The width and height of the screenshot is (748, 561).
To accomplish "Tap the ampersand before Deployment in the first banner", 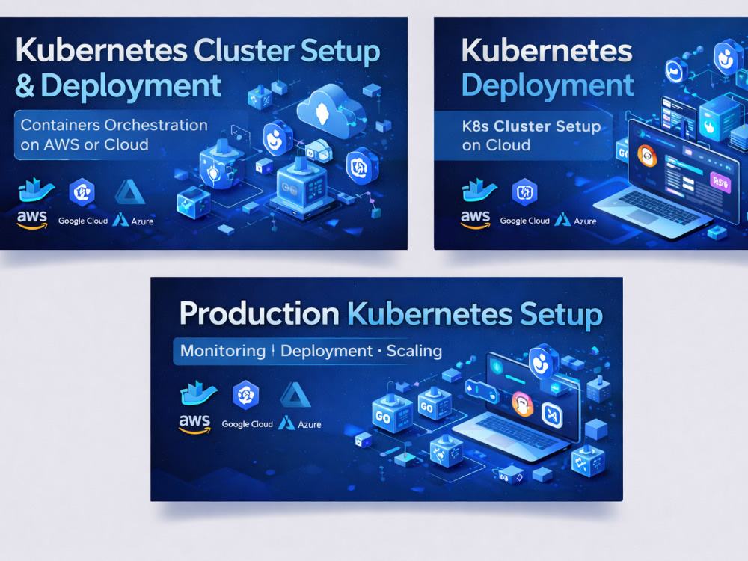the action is coord(25,86).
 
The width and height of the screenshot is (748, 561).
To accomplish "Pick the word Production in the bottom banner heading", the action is coord(259,314).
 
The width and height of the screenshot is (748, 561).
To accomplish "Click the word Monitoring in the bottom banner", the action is coord(223,351).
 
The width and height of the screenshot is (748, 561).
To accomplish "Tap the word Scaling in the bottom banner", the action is coord(414,351).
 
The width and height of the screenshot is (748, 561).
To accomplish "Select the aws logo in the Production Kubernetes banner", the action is coord(194,423).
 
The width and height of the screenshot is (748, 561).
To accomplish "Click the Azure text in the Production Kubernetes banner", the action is coord(310,424).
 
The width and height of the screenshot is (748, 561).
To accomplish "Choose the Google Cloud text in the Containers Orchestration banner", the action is coord(82,221).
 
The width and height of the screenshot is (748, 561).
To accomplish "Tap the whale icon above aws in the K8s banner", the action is coord(479,190).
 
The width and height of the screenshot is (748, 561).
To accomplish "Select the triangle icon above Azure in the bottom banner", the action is coord(295,394).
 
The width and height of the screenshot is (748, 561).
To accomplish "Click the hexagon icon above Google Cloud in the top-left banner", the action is coord(82,192).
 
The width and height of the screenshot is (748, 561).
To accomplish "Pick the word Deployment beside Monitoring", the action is coord(326,351).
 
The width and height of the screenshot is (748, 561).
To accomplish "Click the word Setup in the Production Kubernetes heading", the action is coord(561,315).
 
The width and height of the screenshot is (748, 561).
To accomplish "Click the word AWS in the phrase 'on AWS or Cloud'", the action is coord(61,144).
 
